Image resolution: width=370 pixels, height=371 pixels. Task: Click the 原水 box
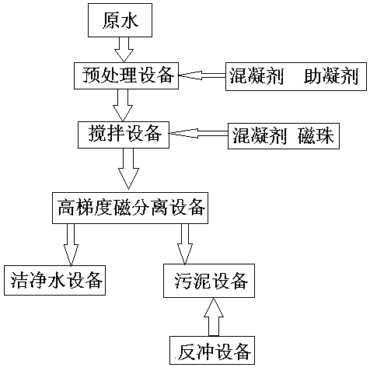[x=120, y=20]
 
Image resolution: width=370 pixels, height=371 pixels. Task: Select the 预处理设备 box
[x=126, y=75]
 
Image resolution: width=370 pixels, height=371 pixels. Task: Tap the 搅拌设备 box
[x=124, y=135]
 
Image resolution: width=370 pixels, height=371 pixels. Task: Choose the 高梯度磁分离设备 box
[x=130, y=208]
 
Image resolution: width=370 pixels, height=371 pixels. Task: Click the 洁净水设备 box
[x=54, y=280]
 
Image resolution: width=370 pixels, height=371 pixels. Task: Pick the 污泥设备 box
[x=209, y=281]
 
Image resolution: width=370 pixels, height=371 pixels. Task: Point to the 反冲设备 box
[x=212, y=351]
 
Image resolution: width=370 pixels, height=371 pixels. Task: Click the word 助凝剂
[x=331, y=76]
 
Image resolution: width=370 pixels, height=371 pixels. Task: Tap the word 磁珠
[x=316, y=136]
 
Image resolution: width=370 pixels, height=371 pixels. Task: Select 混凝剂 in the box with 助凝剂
[x=257, y=76]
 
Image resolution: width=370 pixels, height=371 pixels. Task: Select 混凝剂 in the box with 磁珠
[x=260, y=136]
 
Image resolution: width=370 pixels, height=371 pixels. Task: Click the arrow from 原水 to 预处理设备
[x=124, y=50]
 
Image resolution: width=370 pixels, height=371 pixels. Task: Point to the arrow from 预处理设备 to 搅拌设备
[x=123, y=105]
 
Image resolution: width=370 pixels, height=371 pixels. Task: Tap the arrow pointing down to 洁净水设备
[x=71, y=245]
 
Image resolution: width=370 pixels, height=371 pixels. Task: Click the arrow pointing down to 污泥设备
[x=185, y=244]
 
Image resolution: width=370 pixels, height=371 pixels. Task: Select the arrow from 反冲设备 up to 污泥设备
[x=214, y=317]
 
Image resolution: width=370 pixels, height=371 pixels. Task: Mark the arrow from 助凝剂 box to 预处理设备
[x=202, y=75]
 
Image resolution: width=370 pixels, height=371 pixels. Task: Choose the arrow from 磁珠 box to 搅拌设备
[x=199, y=134]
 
